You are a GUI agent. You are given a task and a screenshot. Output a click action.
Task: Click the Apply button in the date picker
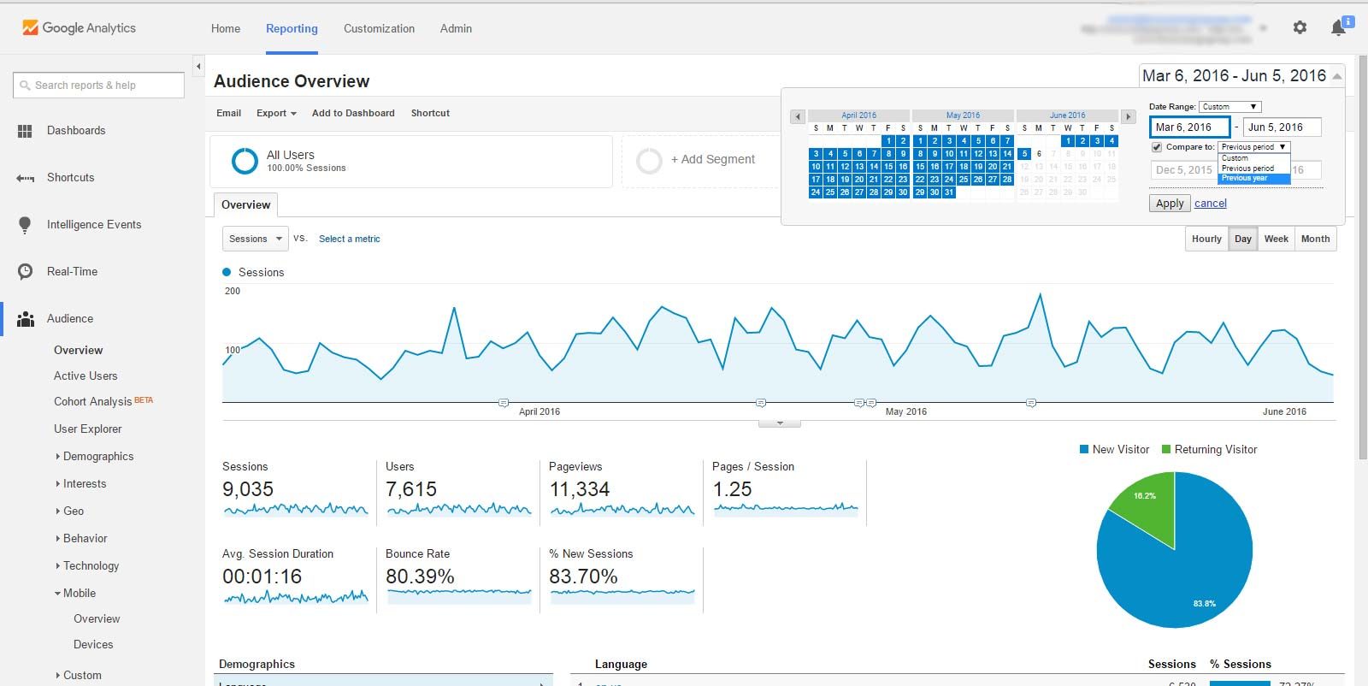click(1170, 204)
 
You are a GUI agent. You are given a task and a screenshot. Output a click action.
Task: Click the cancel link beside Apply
click(1210, 204)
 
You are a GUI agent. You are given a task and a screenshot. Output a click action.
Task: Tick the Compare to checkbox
click(1157, 147)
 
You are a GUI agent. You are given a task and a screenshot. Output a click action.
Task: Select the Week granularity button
click(1276, 239)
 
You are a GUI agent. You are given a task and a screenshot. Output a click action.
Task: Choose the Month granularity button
click(1315, 239)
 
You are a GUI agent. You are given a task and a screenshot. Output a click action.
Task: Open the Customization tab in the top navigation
click(379, 28)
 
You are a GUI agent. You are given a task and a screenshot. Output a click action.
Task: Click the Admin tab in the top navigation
click(456, 28)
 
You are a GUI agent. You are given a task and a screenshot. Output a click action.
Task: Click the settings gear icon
click(1300, 27)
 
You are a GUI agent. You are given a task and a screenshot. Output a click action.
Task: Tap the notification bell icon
click(1339, 28)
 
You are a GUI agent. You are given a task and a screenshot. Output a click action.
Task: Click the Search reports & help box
click(99, 86)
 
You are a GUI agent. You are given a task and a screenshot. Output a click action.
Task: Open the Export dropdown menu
click(276, 113)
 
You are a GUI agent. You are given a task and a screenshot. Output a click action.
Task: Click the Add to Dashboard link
click(353, 113)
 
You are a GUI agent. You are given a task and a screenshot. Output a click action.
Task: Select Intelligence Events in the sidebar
click(94, 225)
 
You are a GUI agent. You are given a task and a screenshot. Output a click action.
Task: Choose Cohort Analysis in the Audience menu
click(92, 402)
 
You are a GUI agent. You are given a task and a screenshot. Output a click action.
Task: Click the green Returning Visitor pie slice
click(1146, 509)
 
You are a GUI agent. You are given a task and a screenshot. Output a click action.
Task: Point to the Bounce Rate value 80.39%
click(420, 577)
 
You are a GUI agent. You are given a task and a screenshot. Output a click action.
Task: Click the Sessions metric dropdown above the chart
click(255, 239)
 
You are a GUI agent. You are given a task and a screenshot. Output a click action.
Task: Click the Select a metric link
click(349, 240)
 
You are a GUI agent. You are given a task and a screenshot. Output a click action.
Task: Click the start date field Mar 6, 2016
click(1189, 127)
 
